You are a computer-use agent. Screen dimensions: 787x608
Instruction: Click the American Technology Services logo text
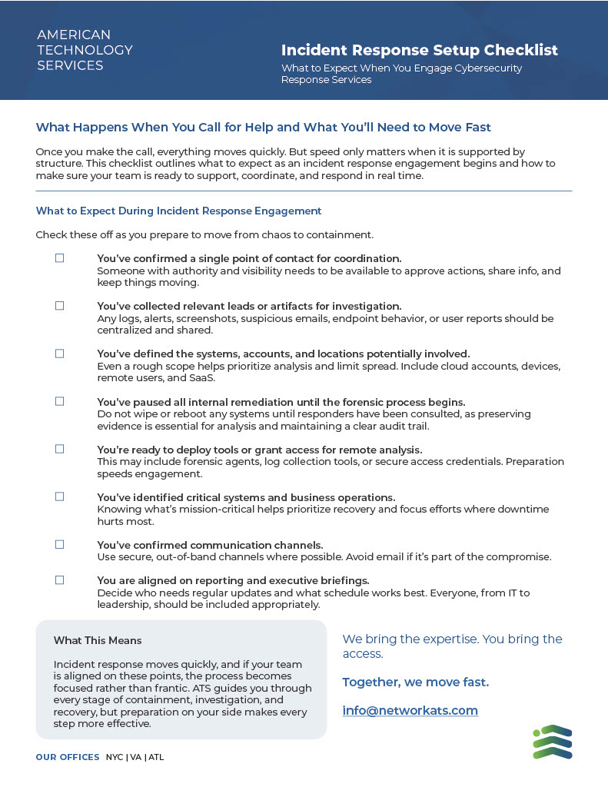click(85, 50)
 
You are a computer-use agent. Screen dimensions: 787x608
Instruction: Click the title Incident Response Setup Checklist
click(419, 51)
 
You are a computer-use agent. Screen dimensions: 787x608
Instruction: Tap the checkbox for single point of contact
click(59, 258)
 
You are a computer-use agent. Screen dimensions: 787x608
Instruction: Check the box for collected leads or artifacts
click(59, 306)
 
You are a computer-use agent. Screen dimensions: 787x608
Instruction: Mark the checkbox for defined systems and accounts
click(59, 354)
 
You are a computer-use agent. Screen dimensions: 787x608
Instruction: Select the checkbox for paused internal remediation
click(59, 401)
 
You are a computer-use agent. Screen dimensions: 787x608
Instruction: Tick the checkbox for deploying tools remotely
click(59, 449)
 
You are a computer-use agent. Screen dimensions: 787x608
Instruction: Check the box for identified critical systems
click(59, 496)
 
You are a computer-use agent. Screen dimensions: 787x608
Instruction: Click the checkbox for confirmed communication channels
click(59, 544)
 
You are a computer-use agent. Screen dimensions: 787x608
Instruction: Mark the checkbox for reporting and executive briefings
click(59, 580)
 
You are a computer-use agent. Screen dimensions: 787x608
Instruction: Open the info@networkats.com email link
click(410, 711)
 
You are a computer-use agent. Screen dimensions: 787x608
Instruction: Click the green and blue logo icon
click(552, 742)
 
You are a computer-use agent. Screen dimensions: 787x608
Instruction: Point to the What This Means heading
click(98, 640)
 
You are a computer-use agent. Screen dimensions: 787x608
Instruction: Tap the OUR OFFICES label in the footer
click(68, 757)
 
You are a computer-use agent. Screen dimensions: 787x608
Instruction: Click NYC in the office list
click(115, 757)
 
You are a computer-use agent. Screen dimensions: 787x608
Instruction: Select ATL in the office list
click(156, 757)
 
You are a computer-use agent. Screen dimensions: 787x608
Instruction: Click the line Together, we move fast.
click(415, 682)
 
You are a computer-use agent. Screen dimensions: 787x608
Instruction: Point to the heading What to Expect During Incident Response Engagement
click(178, 211)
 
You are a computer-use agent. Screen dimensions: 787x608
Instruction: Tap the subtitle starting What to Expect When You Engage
click(401, 74)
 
